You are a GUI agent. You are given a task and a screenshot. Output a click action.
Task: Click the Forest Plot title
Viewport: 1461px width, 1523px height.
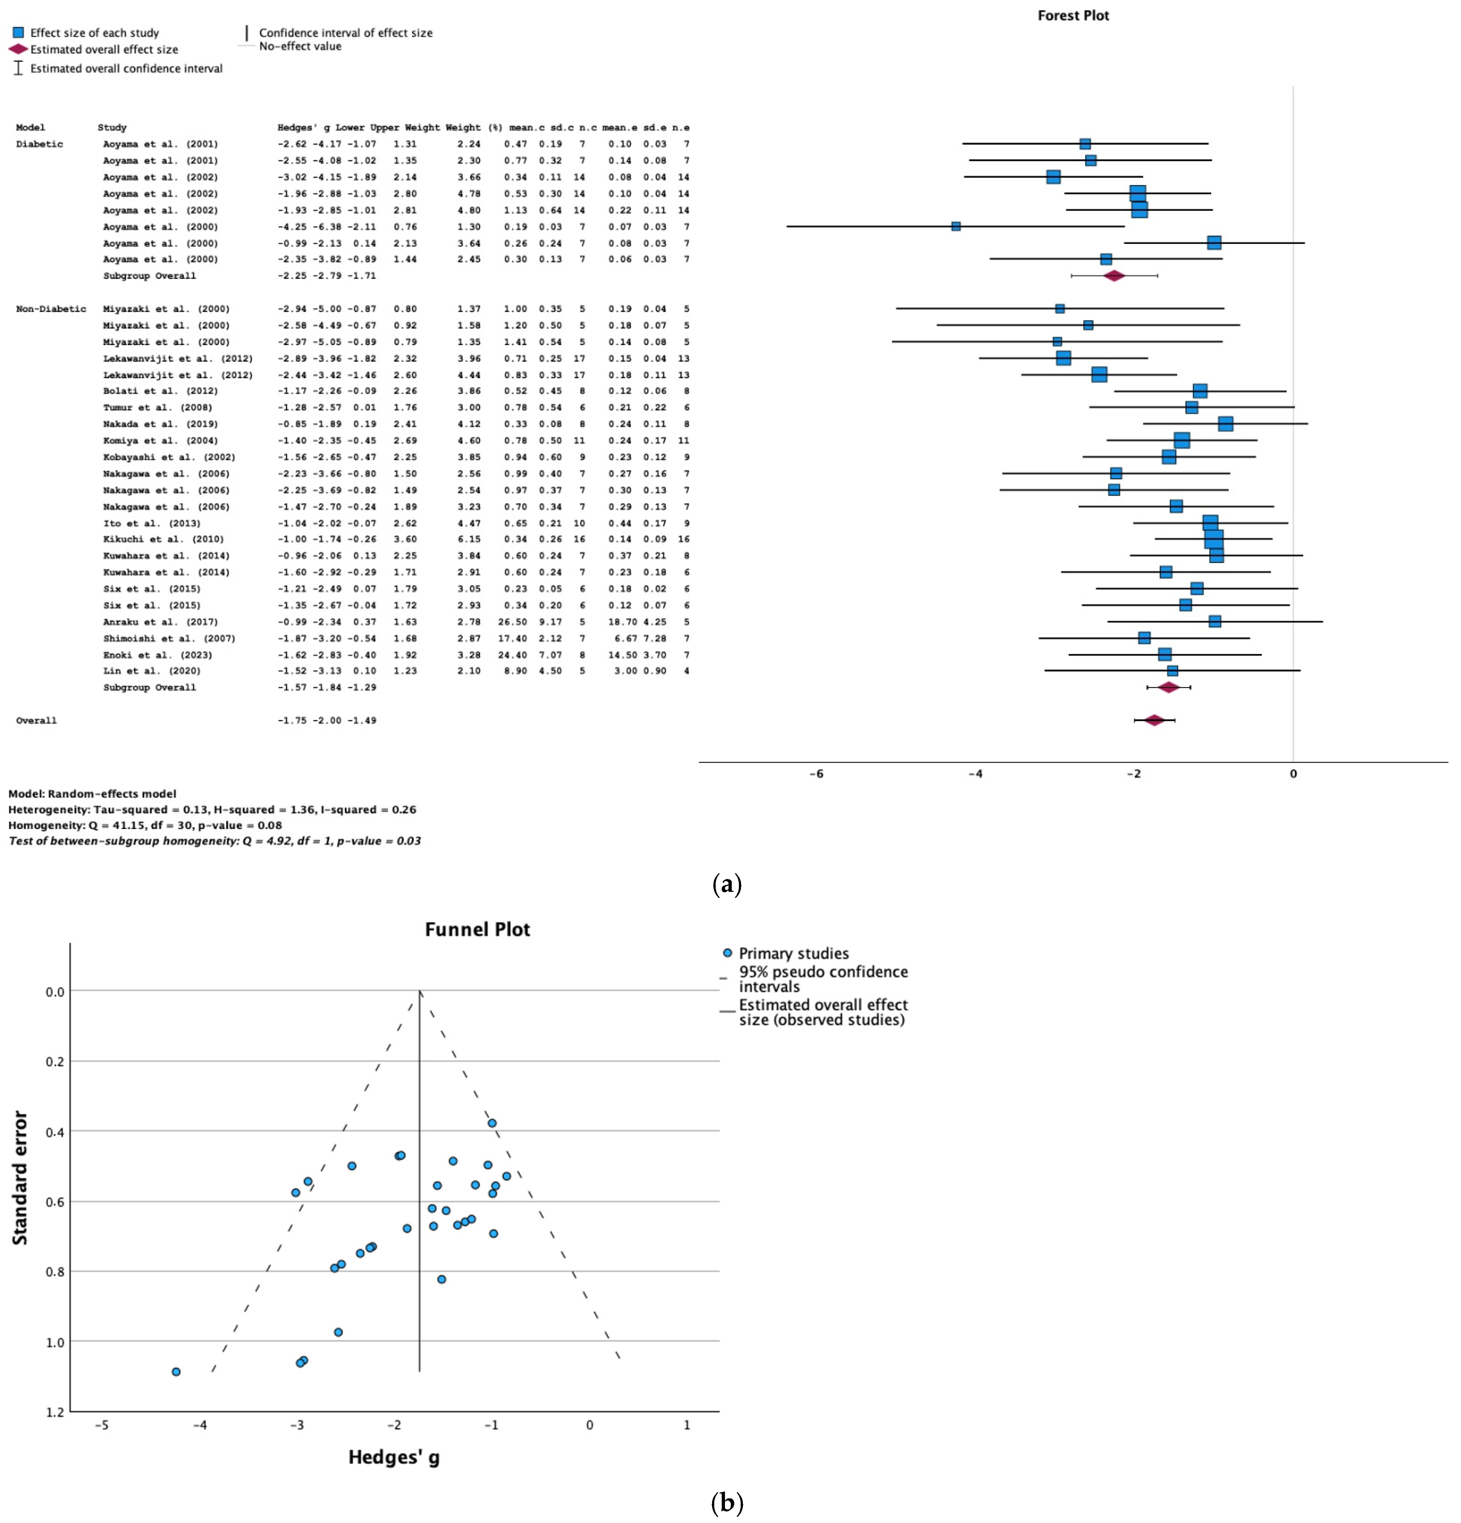[x=1073, y=16]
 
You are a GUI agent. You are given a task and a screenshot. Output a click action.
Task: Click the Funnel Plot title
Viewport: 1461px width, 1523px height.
[x=477, y=929]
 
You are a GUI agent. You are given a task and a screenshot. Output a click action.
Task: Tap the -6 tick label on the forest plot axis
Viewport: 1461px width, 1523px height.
[x=817, y=774]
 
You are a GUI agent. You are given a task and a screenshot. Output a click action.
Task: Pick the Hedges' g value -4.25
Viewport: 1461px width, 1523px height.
[x=292, y=227]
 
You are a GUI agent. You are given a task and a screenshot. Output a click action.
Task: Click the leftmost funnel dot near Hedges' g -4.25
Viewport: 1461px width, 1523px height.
[x=177, y=1372]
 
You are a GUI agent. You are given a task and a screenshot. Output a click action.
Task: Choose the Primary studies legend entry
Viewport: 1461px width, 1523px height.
[x=792, y=953]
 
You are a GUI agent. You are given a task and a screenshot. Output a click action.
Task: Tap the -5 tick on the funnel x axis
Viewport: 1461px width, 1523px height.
[x=102, y=1425]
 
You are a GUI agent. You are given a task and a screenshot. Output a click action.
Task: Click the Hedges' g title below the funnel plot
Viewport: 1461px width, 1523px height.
[x=393, y=1457]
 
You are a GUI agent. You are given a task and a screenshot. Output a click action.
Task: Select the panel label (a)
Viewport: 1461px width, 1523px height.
[x=727, y=884]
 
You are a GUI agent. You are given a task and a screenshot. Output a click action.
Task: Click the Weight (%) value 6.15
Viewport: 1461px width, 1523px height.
[x=469, y=539]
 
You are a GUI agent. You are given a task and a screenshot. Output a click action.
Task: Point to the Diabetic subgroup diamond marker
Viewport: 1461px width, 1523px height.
[x=1114, y=276]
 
